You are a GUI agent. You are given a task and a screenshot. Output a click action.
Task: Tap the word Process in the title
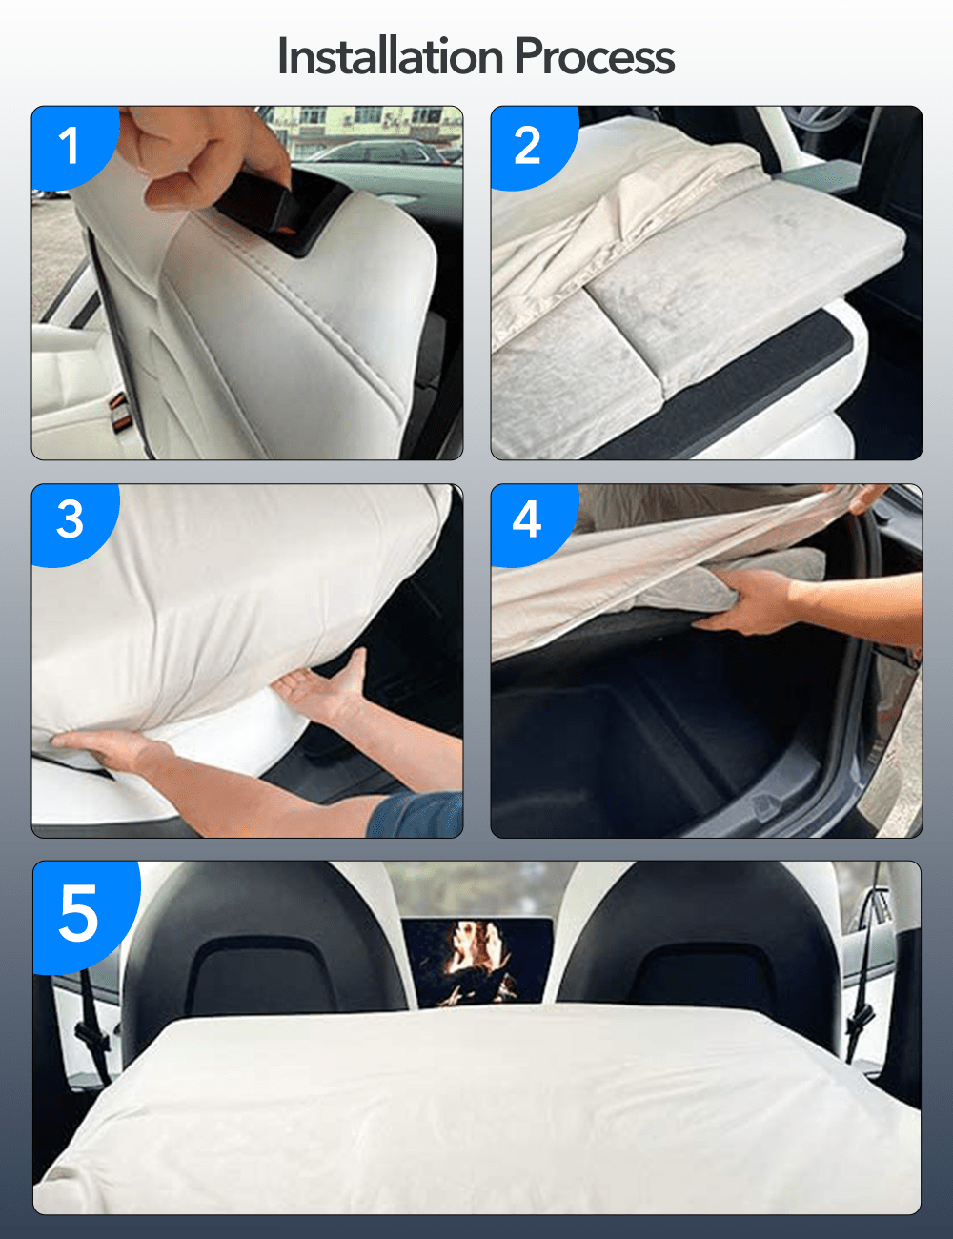[x=595, y=56]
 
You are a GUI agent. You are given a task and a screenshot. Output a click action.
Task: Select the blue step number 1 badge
[x=69, y=146]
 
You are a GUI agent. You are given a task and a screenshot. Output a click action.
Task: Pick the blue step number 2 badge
[x=527, y=146]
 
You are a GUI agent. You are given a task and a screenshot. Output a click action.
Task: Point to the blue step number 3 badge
[x=70, y=520]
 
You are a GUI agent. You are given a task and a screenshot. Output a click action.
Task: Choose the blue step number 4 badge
[x=527, y=520]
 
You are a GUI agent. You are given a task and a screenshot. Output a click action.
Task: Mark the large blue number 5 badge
[x=79, y=913]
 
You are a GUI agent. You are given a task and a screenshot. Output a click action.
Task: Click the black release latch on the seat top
[x=276, y=210]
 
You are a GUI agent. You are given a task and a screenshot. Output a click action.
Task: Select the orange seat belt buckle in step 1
[x=120, y=408]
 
